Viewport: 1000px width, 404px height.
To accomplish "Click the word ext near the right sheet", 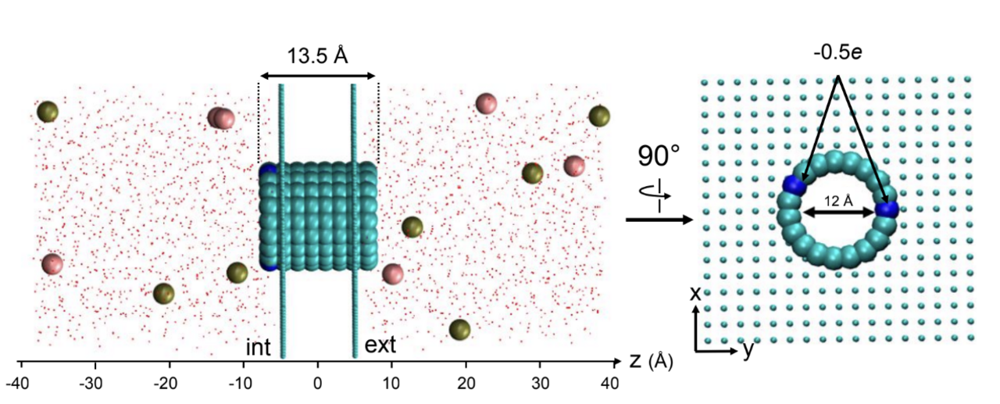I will click(380, 345).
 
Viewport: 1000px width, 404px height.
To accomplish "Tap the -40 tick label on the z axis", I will click(20, 384).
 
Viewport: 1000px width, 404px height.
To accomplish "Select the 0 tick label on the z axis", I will click(317, 384).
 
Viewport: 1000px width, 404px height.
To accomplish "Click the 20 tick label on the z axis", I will click(466, 384).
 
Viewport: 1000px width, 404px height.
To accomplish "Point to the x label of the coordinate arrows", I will click(696, 294).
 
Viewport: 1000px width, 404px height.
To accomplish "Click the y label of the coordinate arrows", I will click(748, 350).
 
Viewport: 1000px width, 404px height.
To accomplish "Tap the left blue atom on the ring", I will click(795, 185).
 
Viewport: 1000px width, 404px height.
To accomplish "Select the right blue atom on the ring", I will click(887, 209).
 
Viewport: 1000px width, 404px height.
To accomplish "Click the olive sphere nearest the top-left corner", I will click(48, 112).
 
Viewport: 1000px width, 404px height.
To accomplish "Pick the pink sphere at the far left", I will click(52, 264).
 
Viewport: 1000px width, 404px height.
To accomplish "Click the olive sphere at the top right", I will click(599, 116).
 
